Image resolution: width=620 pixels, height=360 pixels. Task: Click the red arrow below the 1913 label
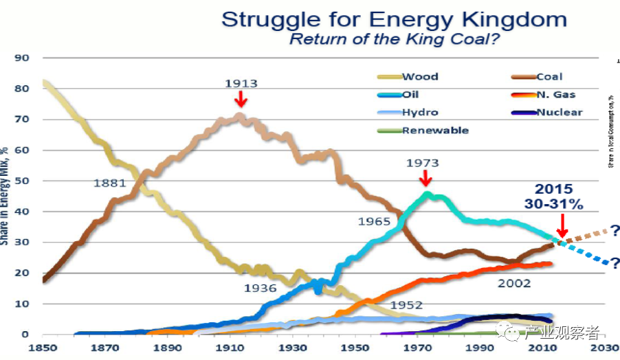tap(241, 100)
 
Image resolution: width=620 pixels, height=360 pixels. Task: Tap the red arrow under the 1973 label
tap(425, 178)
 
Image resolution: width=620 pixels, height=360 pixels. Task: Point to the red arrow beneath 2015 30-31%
tap(563, 225)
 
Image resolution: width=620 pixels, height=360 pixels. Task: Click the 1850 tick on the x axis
tap(43, 348)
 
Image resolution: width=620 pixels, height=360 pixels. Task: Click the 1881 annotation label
tap(110, 183)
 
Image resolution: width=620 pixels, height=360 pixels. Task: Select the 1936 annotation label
tap(260, 289)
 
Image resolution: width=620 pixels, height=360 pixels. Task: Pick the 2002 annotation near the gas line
tap(515, 283)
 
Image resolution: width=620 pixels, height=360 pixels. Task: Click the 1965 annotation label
tap(374, 222)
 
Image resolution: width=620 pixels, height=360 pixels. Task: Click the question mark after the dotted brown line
tap(614, 230)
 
